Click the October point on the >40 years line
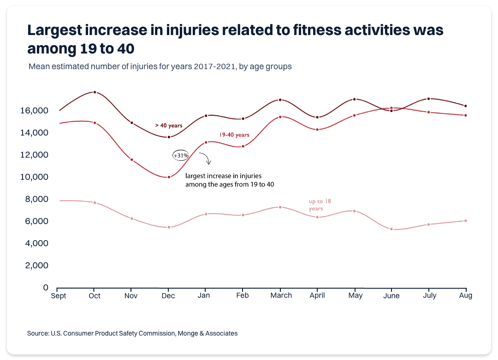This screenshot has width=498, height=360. coord(95,92)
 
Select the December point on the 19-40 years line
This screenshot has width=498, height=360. coord(169,177)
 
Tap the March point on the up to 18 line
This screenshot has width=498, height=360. coord(280,207)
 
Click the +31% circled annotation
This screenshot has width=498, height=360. coord(181,156)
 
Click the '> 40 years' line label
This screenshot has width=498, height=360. coord(169,125)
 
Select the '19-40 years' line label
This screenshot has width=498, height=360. coord(234,135)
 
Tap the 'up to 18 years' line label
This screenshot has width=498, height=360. coord(320,205)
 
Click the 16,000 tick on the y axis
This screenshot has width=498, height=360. coord(34,111)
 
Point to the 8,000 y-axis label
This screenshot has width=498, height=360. coord(36,199)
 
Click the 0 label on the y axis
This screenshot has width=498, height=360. coord(46,288)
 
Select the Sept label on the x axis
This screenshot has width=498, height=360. coord(58,296)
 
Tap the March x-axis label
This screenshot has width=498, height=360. coord(281,295)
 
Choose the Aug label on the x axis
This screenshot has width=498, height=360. coord(466,295)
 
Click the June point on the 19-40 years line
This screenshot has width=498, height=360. coord(391,108)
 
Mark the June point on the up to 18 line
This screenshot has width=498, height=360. coord(391,229)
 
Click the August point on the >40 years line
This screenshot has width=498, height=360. coord(466,106)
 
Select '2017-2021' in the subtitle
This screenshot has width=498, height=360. coord(217,66)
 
